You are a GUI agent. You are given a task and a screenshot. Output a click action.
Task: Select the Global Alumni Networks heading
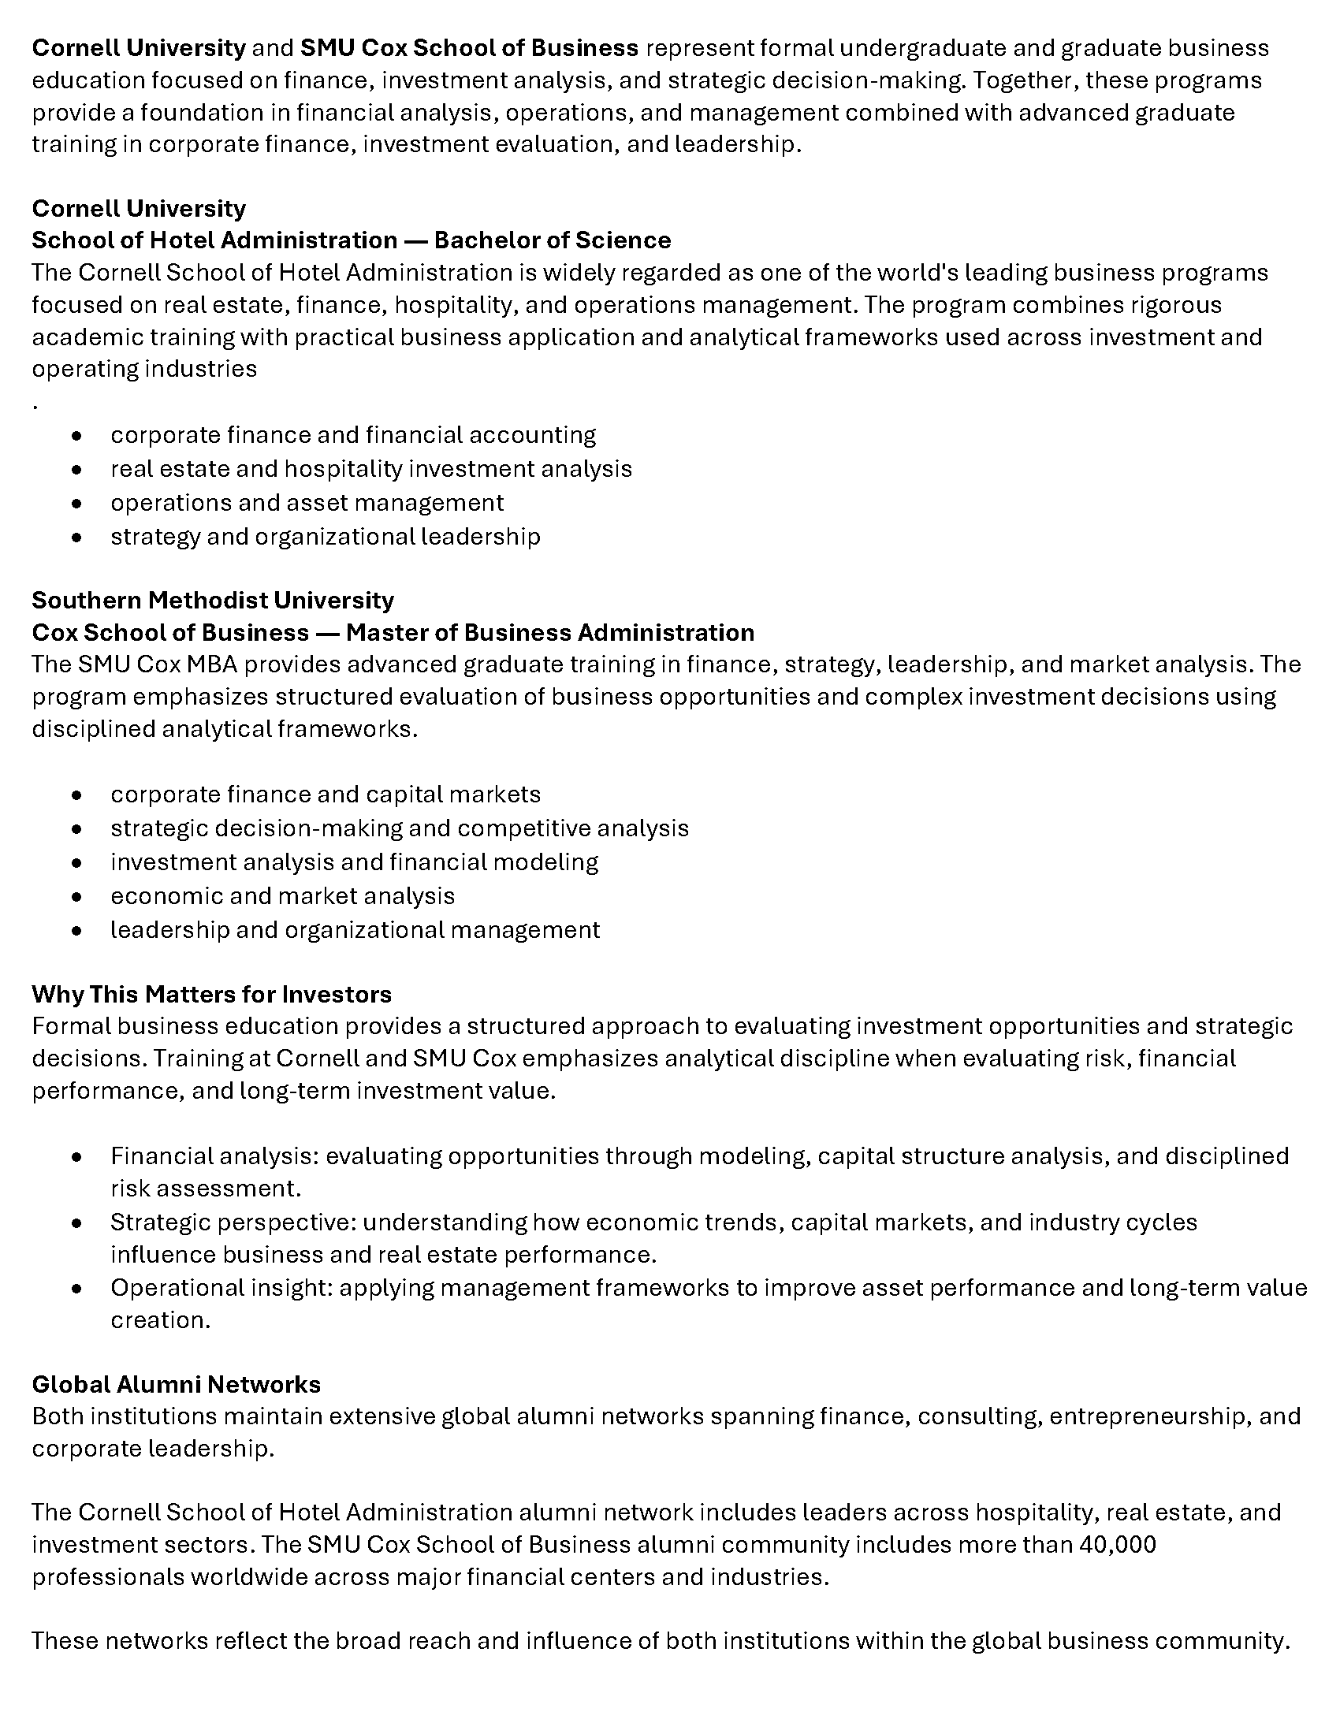pos(177,1384)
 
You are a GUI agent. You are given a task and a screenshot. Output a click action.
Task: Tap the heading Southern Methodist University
pos(213,600)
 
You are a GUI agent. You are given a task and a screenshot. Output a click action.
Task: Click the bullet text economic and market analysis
pos(283,895)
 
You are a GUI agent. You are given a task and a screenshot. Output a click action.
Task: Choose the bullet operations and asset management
pos(307,503)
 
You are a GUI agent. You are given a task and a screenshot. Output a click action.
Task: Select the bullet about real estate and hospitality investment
pos(370,468)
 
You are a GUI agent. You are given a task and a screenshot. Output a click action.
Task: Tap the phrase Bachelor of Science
pos(553,240)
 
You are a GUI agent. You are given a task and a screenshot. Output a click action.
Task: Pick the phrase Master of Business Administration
pos(550,632)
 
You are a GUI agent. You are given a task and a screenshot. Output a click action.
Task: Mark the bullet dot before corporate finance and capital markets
pos(76,794)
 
